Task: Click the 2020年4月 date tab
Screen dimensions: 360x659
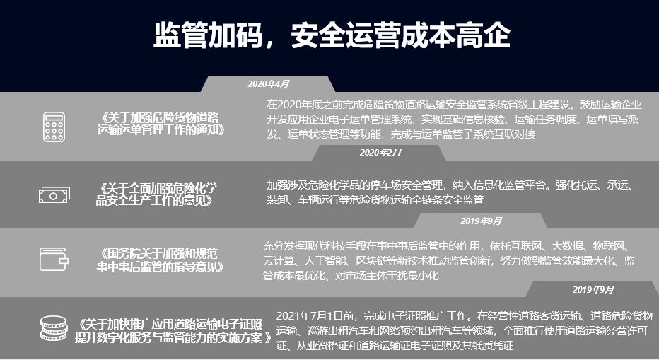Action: tap(268, 83)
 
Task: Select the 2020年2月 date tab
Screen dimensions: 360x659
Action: tap(380, 152)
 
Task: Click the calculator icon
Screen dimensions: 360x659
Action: tap(54, 125)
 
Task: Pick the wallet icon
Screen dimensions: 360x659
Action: tap(54, 260)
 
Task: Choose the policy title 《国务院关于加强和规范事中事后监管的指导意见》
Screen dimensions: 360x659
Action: tap(161, 260)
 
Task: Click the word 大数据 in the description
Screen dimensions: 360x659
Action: tap(568, 246)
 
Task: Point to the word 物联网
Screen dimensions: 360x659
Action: tap(612, 246)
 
